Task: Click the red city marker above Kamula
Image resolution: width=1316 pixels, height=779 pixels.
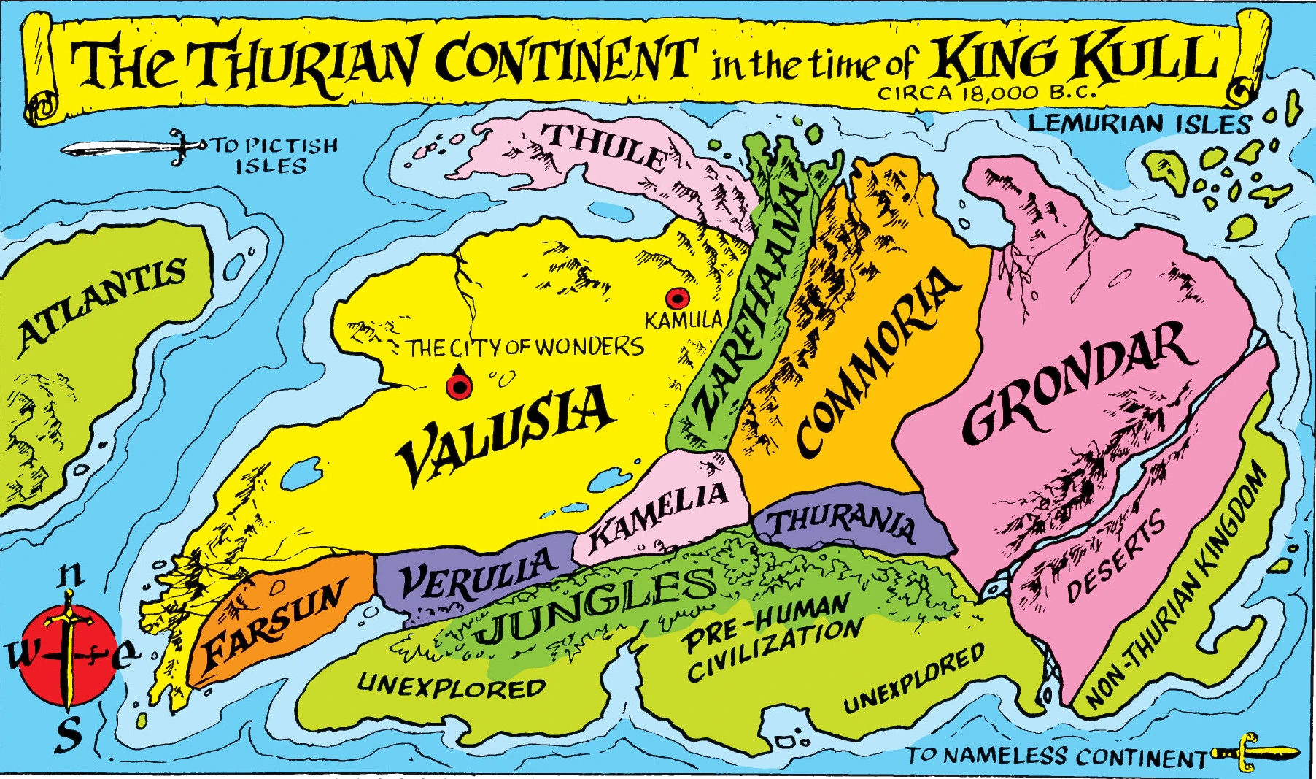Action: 676,298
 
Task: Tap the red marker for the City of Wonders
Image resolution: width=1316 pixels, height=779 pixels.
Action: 459,385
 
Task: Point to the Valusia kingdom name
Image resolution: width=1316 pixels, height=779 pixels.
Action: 504,434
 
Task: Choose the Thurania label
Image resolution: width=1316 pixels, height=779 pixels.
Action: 843,523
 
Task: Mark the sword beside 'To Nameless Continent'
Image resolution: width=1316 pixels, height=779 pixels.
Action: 1255,753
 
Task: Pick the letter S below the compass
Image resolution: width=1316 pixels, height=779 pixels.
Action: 69,733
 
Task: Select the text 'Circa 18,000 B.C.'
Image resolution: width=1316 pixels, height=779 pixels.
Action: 986,93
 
